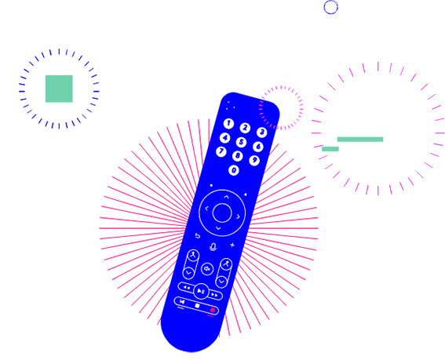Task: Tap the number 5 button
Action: [241, 142]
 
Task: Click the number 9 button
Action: [254, 160]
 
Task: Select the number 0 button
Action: [234, 170]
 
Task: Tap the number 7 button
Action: [221, 151]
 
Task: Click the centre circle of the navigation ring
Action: [222, 213]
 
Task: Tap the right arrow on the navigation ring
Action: [238, 216]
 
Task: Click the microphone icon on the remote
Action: [213, 247]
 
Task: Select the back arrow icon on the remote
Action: [198, 236]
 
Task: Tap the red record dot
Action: [212, 310]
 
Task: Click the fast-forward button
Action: [215, 296]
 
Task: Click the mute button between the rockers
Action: [207, 269]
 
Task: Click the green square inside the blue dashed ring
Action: [59, 89]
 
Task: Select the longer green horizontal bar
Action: [360, 140]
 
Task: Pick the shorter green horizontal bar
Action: [330, 149]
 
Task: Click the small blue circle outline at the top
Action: [331, 7]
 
